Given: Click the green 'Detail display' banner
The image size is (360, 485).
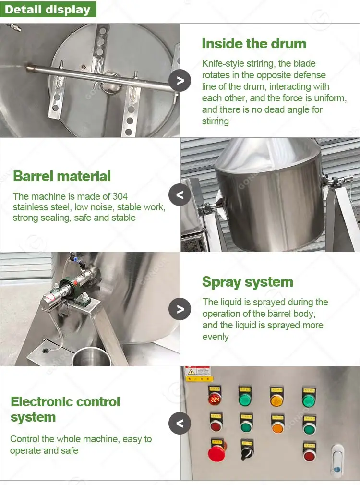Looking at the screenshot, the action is pos(48,9).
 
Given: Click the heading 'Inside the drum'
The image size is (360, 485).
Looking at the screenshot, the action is pos(254,44).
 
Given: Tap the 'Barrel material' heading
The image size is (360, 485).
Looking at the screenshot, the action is pos(62,176).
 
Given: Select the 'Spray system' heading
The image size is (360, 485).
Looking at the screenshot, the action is pos(247,282).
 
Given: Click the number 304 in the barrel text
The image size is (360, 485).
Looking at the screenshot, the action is pos(120,196).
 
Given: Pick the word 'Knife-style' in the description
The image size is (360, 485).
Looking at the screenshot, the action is pos(222,63).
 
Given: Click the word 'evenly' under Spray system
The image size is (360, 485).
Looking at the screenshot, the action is pos(216,337).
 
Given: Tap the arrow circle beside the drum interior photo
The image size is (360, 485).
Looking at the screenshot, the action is pos(180,80).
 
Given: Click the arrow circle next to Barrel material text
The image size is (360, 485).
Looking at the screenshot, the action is pos(180,195).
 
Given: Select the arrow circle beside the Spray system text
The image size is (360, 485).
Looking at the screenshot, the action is pos(180,309).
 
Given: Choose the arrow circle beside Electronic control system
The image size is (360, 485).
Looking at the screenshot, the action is pos(180,423).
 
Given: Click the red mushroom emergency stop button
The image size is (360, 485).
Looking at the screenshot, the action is pos(217,453).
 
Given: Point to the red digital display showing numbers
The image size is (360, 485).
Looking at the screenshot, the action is pos(215,399).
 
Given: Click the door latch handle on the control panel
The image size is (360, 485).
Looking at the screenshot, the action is pos(337,460).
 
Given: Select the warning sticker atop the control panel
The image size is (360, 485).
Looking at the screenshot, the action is pos(198,374).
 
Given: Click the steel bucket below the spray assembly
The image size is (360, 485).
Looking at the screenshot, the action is pos(92,357).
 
